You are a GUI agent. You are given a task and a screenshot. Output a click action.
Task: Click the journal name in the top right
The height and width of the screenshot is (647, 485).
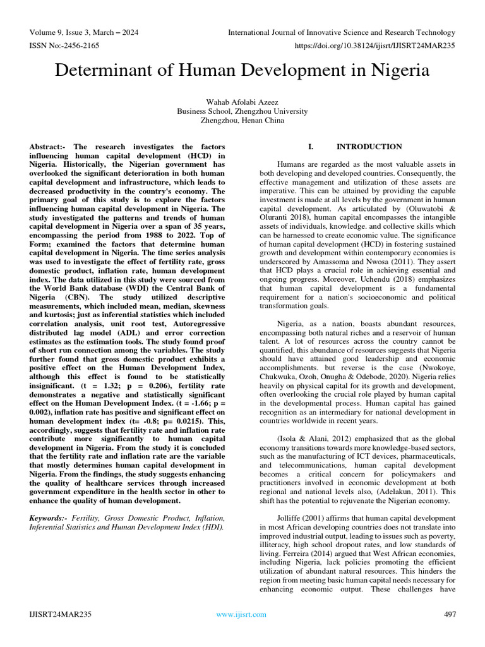341,32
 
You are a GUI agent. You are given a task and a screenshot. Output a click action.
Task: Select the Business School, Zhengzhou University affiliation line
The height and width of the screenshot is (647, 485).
242,111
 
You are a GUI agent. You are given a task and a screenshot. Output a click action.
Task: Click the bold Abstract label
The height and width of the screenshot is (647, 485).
48,147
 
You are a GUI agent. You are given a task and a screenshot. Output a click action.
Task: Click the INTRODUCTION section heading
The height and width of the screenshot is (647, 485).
369,147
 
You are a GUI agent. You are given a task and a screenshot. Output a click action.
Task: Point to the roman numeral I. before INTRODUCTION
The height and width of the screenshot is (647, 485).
311,147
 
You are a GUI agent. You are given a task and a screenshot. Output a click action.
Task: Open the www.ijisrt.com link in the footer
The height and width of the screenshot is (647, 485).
241,614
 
